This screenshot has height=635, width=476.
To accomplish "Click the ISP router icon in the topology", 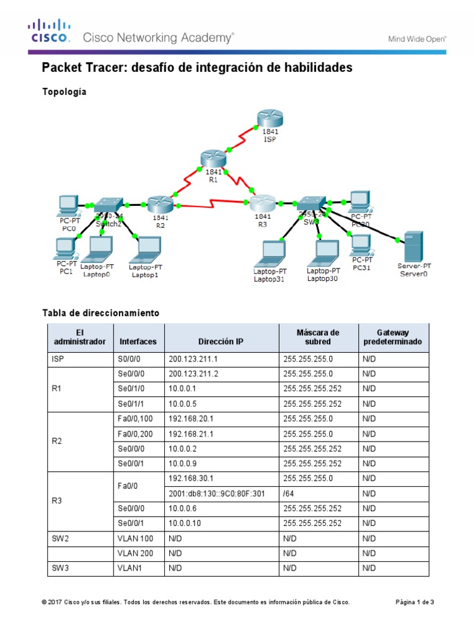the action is (270, 118).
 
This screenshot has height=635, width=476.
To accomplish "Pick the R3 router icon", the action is (262, 202).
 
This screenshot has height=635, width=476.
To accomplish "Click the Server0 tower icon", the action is (413, 246).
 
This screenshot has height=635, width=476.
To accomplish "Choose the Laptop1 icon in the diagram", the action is (145, 249).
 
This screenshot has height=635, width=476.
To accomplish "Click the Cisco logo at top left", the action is (50, 32).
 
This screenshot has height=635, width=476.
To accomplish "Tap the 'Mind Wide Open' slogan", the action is (417, 38).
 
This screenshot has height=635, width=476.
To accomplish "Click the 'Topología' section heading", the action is (64, 92).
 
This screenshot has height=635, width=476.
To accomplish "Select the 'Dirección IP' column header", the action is (221, 342).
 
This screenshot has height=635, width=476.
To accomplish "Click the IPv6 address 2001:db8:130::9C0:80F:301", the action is (216, 494).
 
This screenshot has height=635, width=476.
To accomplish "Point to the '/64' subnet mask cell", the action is (290, 494).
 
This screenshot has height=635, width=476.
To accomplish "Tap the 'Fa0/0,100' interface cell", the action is (136, 419).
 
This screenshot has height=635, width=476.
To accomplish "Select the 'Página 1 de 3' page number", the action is (415, 602).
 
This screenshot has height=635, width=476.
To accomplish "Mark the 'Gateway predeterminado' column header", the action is (392, 337).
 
